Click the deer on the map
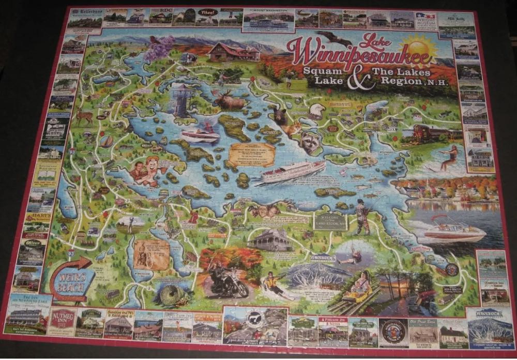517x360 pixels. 84,116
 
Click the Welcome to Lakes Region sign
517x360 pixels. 329,220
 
